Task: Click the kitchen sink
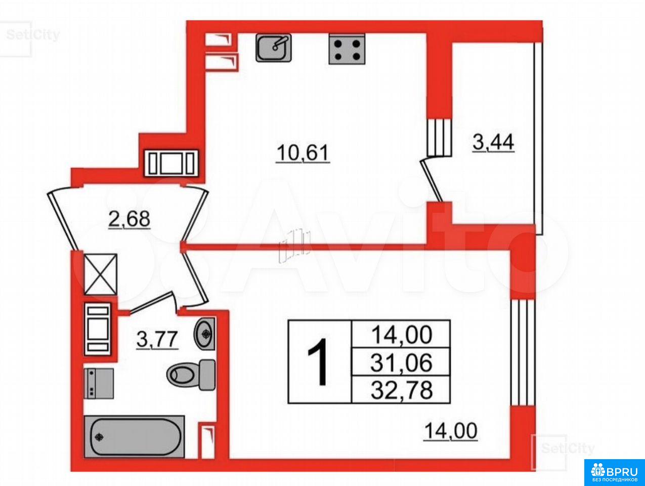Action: click(273, 48)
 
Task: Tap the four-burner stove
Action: click(347, 49)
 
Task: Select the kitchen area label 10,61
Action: click(303, 153)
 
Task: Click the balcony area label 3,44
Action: click(493, 143)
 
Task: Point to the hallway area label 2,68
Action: click(130, 219)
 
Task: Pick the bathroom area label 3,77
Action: click(157, 340)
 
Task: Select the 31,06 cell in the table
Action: click(401, 362)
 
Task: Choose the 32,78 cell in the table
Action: click(401, 390)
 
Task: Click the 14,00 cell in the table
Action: click(401, 334)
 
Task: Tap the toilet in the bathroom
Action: click(191, 375)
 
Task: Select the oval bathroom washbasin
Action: click(204, 334)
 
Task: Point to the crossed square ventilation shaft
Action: click(101, 274)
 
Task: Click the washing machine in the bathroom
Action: click(99, 383)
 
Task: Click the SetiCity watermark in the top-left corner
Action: click(32, 35)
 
